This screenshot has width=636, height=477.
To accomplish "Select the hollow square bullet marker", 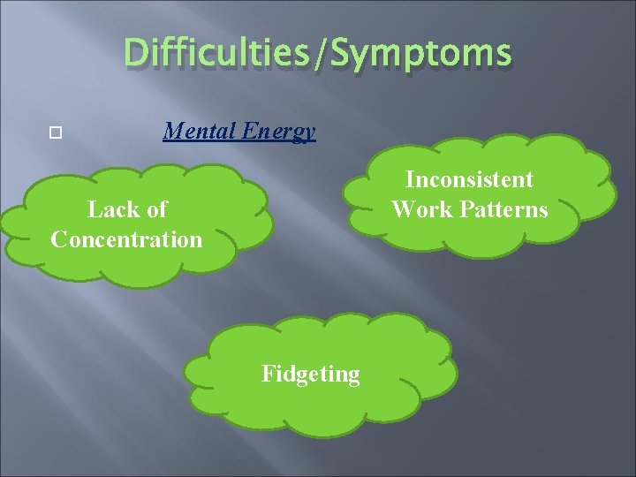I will coord(56,134).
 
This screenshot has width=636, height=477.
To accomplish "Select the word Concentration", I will coord(126,239).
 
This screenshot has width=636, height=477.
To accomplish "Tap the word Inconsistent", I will coord(469,179).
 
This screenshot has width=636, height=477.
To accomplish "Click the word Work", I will coord(421,209).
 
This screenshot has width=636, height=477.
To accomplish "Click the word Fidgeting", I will coord(311,375).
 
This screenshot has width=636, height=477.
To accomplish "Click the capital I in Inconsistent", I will coord(410,179).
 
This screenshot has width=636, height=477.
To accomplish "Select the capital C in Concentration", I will coord(59,239).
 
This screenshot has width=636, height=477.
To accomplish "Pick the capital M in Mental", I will coord(171,132).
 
